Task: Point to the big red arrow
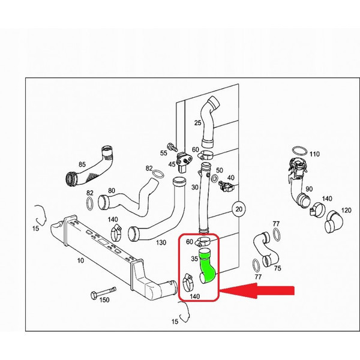pos(257,290)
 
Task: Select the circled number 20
pos(239,209)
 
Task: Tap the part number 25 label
pos(197,123)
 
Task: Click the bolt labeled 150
pos(103,292)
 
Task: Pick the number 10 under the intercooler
pos(80,260)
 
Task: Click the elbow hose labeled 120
pos(334,221)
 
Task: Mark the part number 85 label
pos(82,164)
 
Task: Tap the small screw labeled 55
pos(172,147)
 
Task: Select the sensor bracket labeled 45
pos(184,162)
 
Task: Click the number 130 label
pos(161,242)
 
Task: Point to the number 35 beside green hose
pos(194,259)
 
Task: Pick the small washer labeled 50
pos(215,178)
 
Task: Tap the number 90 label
pos(309,189)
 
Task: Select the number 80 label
pos(112,191)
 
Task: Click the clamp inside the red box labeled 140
pos(188,283)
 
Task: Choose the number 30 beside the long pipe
pos(194,187)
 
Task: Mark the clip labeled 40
pos(226,185)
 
